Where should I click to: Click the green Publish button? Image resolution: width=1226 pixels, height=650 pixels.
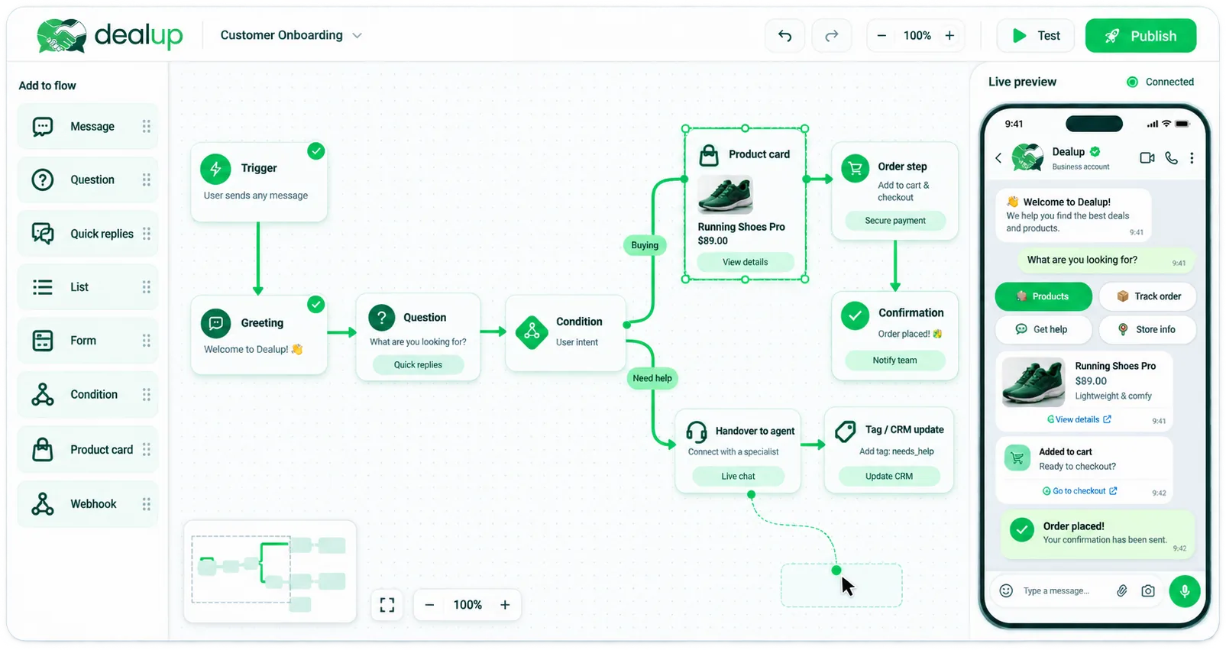[x=1140, y=36]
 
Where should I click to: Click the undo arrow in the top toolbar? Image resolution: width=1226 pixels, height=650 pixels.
[x=784, y=36]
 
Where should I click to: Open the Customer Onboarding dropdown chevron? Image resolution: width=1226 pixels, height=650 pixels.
[x=357, y=36]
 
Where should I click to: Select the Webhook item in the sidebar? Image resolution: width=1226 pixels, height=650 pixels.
[x=88, y=504]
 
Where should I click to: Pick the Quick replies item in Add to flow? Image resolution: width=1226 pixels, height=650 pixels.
[x=88, y=234]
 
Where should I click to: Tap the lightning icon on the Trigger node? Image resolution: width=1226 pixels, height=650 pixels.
[x=215, y=169]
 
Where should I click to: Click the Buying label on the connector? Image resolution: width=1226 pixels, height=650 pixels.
[x=645, y=245]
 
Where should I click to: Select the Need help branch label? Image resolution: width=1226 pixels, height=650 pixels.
[x=652, y=378]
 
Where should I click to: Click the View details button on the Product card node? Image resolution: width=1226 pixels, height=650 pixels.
[x=745, y=262]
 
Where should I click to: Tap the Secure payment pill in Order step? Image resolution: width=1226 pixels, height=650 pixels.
[x=895, y=221]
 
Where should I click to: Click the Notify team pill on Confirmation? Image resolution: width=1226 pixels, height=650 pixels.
[x=894, y=360]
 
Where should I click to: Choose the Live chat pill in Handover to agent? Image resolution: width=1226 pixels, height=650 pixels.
[x=738, y=476]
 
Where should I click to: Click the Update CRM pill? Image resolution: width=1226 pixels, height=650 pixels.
[x=889, y=476]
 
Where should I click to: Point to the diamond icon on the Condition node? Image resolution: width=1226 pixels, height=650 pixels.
[x=532, y=331]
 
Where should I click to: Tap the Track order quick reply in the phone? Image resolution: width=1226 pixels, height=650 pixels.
[x=1148, y=296]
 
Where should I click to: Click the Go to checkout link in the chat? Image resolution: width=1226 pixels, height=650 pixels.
[x=1079, y=491]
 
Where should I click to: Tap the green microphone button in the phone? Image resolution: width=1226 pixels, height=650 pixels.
[x=1185, y=591]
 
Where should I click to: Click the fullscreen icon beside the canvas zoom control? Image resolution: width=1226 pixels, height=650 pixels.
[x=387, y=605]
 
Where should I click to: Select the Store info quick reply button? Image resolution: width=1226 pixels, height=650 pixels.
[x=1148, y=329]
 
